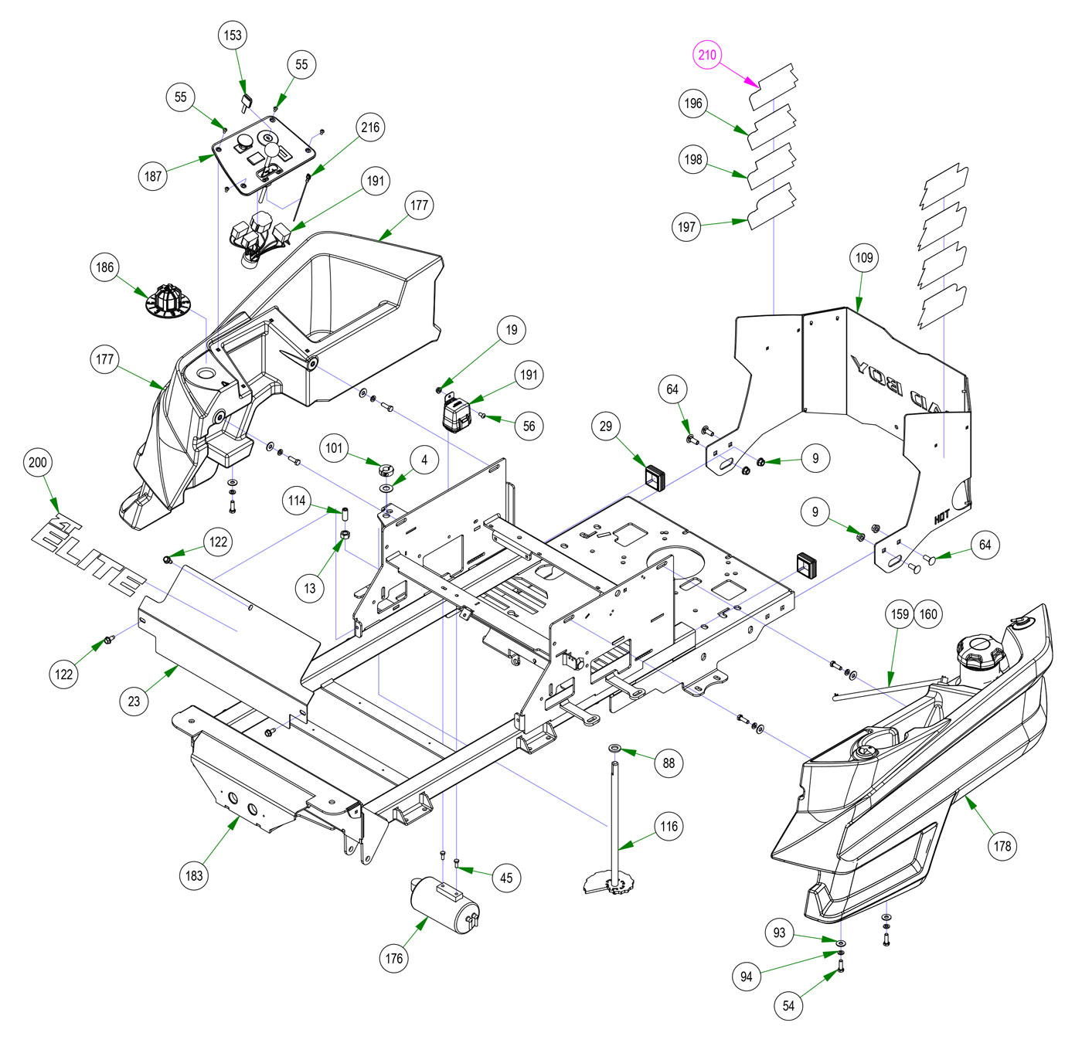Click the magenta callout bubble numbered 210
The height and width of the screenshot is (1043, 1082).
click(707, 55)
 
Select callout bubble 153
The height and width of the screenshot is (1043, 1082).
click(233, 35)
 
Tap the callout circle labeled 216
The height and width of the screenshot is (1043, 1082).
click(371, 127)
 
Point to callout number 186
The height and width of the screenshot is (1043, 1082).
click(105, 268)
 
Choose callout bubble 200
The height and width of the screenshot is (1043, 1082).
click(38, 463)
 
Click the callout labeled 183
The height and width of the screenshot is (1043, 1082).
click(194, 875)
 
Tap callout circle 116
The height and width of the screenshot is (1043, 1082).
click(669, 827)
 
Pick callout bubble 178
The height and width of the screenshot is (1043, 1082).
click(1002, 846)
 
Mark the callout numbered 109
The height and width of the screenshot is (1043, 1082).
click(864, 258)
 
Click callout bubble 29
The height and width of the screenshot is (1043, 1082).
click(606, 426)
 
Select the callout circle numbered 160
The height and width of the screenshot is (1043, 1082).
click(928, 614)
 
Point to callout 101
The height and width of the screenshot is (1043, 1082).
click(334, 448)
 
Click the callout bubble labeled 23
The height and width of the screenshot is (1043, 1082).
click(134, 701)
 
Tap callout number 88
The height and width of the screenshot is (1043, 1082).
click(669, 763)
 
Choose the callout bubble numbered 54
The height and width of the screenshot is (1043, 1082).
click(788, 1005)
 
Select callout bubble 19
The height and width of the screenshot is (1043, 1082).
click(512, 330)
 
